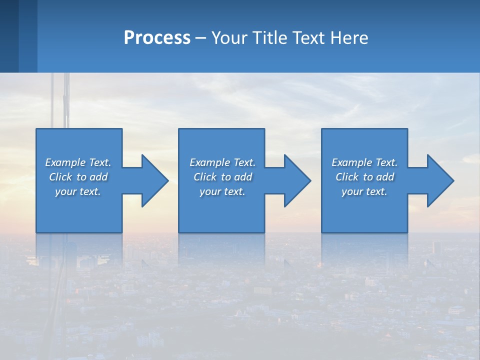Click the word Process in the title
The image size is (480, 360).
(157, 38)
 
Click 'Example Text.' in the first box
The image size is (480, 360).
(78, 162)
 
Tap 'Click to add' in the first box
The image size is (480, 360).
(78, 177)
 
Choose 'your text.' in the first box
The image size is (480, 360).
(78, 191)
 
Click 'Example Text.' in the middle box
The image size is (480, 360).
(222, 162)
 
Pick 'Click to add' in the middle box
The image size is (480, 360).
(222, 177)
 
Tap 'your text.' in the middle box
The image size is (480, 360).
(222, 191)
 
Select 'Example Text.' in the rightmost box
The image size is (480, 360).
(364, 162)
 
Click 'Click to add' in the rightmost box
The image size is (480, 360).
(364, 177)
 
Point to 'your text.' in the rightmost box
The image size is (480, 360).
(364, 191)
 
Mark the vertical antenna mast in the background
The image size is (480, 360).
(66, 100)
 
